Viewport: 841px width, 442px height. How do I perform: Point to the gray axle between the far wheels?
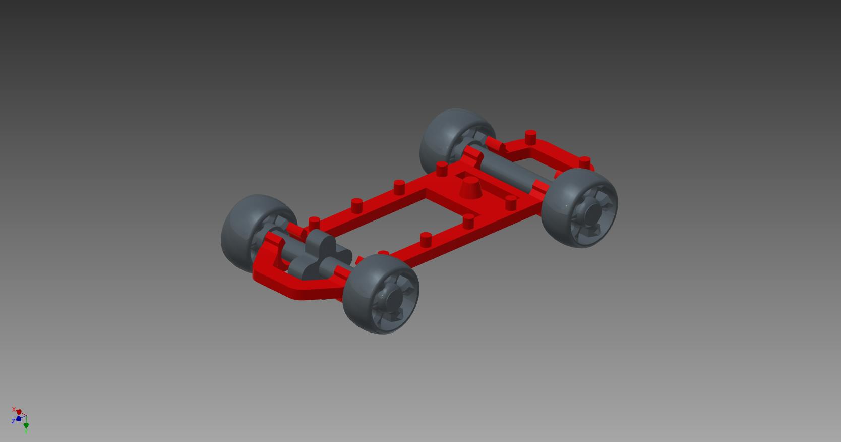[509, 169]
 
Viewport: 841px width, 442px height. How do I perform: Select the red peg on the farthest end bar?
[530, 137]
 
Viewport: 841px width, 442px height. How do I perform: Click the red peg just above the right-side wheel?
[584, 162]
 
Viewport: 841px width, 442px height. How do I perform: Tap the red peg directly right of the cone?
[511, 202]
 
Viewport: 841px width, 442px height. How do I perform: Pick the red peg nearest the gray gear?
[314, 223]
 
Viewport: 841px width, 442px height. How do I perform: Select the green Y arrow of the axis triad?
[26, 427]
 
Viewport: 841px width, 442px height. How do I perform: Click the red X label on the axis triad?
[14, 409]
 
